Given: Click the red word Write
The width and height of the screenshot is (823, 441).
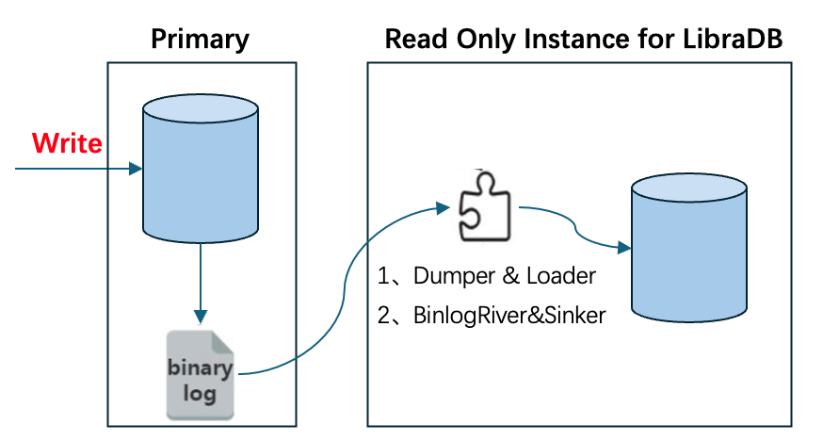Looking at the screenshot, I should (x=67, y=143).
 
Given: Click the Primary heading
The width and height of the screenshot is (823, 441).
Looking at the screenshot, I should (x=200, y=39).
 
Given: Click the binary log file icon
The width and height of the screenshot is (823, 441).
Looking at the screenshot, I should (x=200, y=374).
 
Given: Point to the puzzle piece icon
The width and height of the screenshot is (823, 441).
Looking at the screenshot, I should (x=486, y=205).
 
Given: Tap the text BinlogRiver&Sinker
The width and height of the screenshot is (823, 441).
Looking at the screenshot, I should (x=509, y=316).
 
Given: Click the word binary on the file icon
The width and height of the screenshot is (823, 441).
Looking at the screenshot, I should (x=199, y=366).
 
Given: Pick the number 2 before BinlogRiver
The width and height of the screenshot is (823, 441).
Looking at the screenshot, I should (x=383, y=316).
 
